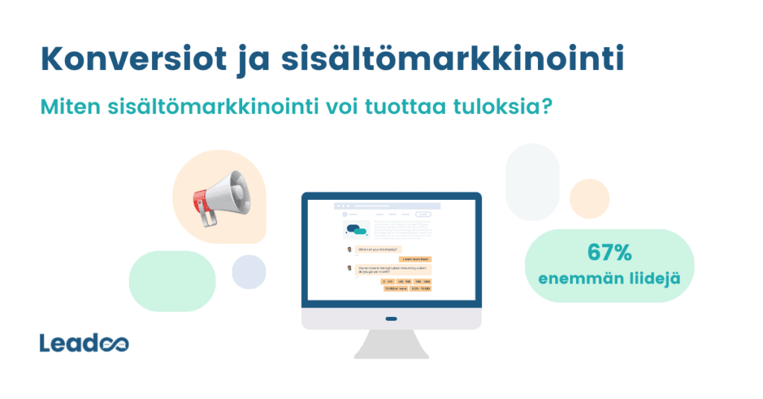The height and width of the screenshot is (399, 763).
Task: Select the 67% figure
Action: tap(610, 253)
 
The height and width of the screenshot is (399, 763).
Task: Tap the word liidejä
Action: tap(648, 279)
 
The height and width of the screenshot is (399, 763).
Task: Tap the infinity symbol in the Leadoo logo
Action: tap(115, 344)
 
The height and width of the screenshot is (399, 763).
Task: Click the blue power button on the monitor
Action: tap(391, 319)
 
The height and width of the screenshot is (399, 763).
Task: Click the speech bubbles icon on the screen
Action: tap(357, 227)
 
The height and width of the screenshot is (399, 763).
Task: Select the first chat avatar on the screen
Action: tap(349, 249)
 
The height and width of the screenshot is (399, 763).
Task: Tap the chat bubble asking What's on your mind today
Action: tap(379, 249)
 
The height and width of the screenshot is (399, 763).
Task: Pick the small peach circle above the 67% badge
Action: tap(589, 199)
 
